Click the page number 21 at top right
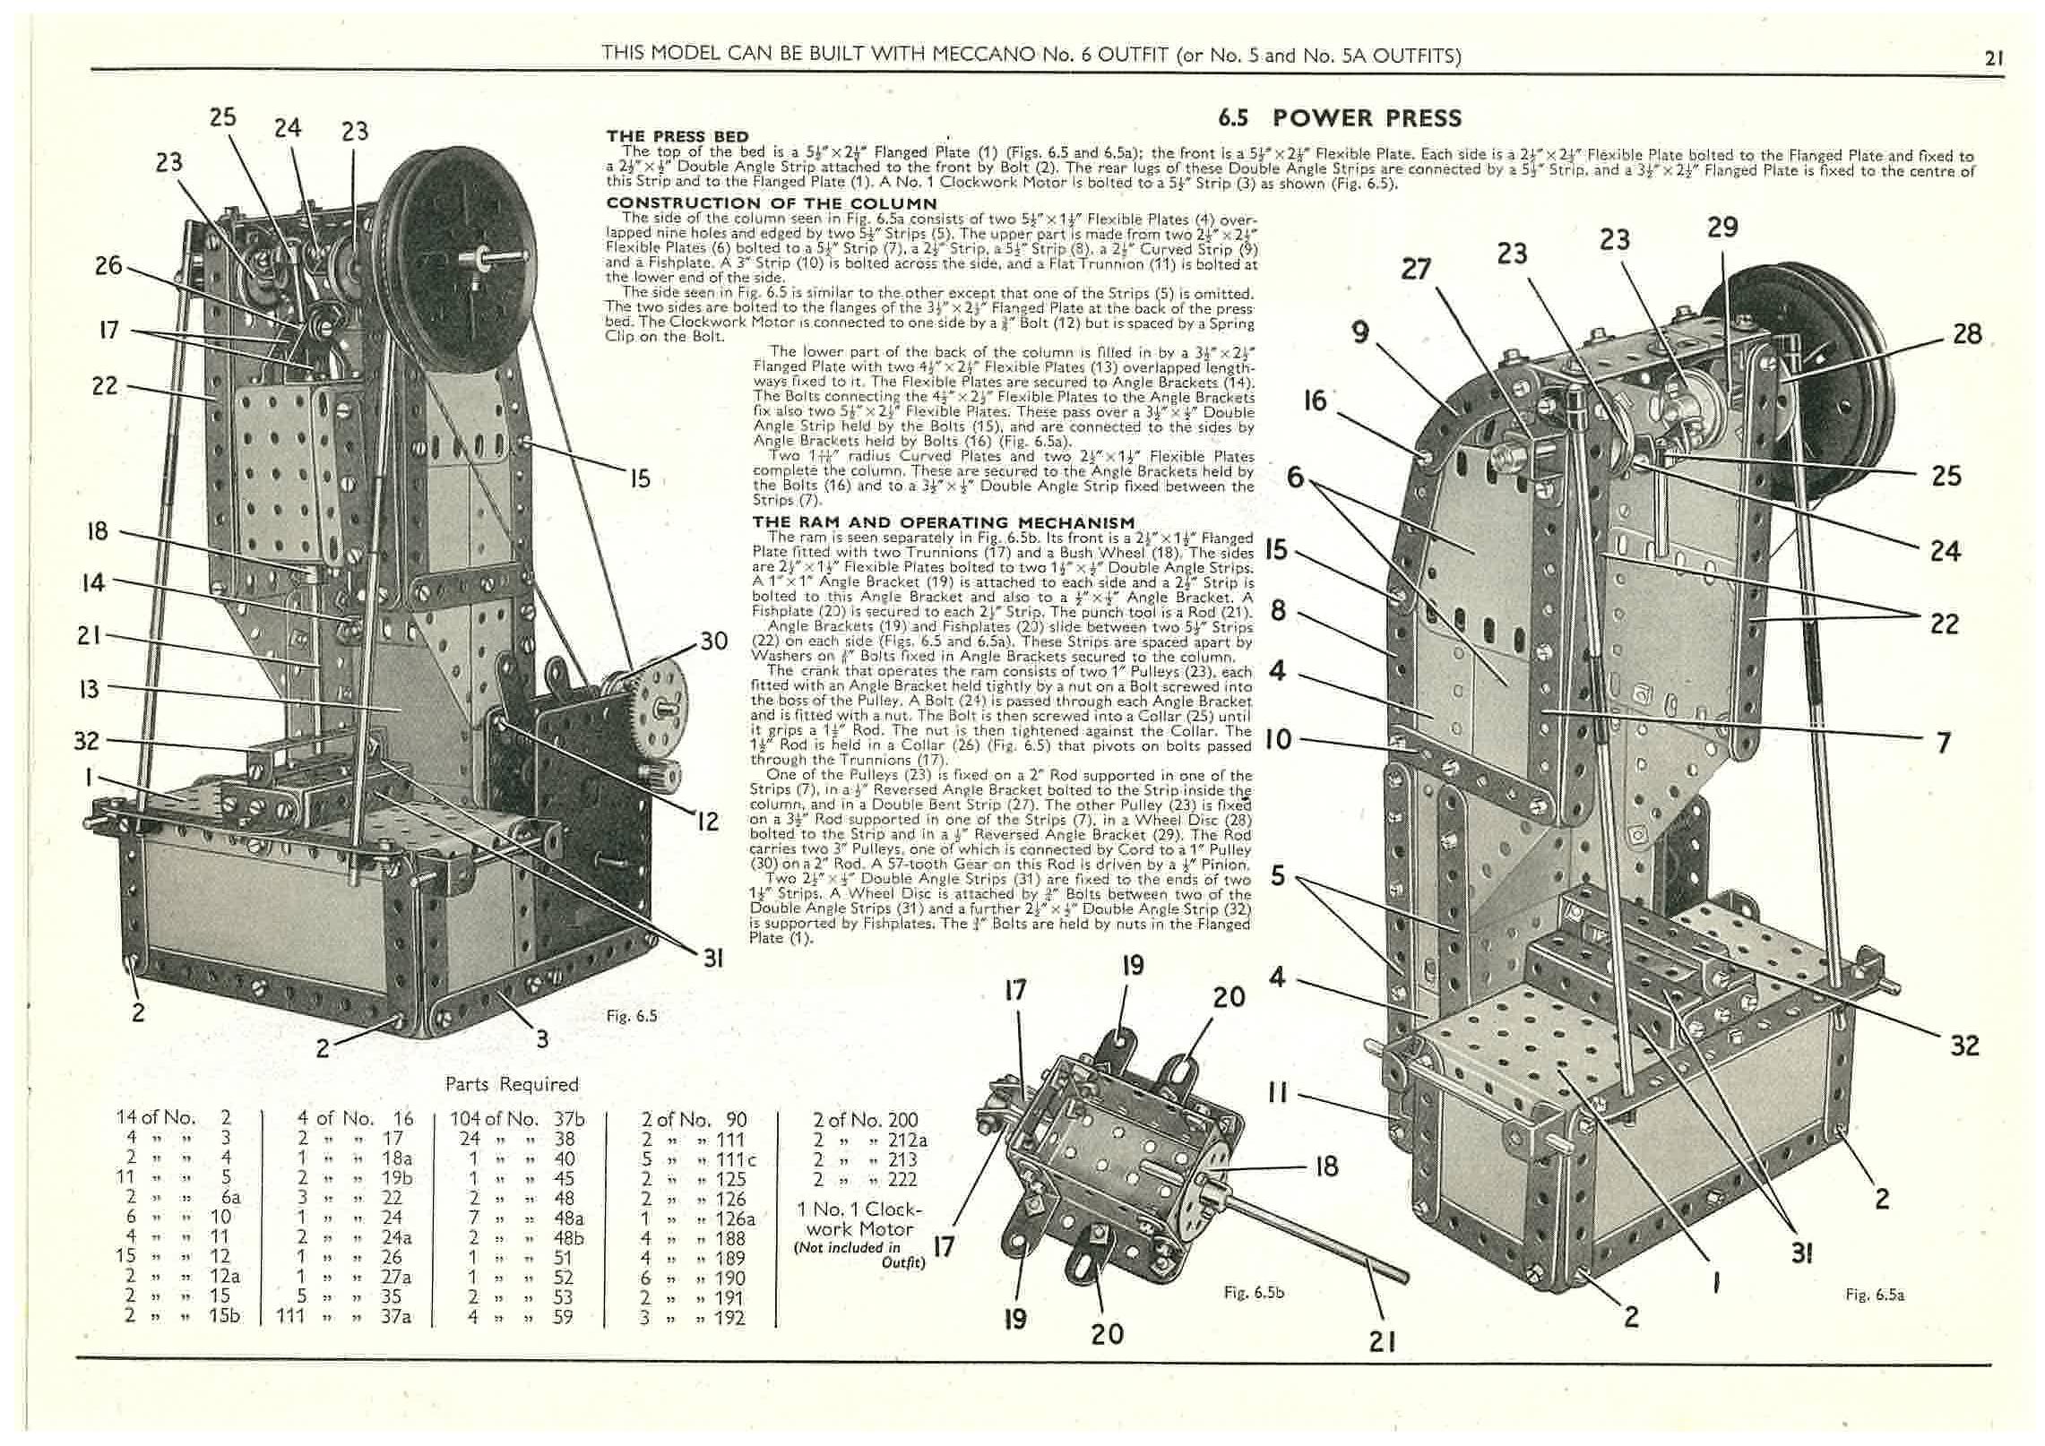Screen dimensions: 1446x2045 click(1993, 59)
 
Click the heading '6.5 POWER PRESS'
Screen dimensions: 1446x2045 click(1340, 118)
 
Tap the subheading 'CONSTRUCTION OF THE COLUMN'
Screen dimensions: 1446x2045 click(759, 203)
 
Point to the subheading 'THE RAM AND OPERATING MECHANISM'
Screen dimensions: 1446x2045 click(944, 522)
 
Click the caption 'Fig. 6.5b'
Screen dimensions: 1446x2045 click(1254, 1293)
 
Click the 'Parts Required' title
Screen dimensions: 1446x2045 click(512, 1084)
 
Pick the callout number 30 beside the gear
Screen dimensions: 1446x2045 click(713, 641)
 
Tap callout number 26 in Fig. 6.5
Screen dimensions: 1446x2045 click(108, 265)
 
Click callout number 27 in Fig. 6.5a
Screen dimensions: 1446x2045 click(1416, 269)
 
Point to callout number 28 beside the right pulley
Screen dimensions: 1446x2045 click(1967, 334)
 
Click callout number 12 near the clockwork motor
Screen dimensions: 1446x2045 click(708, 821)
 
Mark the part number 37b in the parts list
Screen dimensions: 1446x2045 click(570, 1119)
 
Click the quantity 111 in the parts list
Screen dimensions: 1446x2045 click(291, 1316)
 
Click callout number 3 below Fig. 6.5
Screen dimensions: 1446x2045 click(541, 1039)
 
